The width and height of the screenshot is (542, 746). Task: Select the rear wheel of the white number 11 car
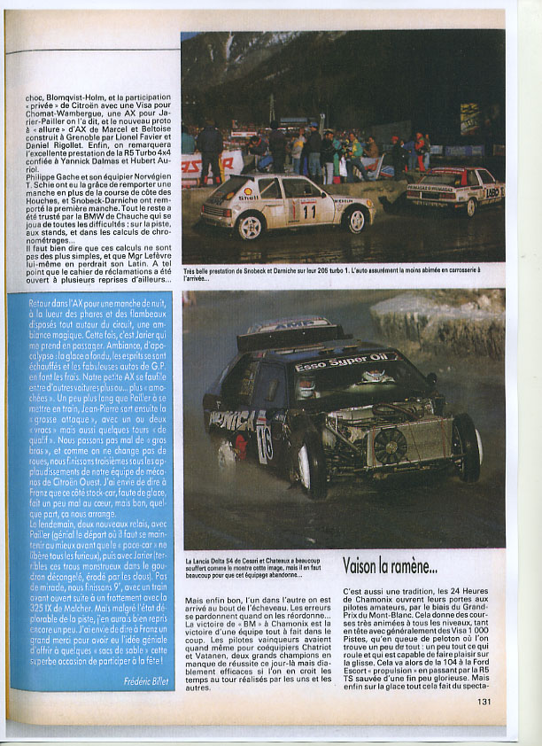[x=250, y=226]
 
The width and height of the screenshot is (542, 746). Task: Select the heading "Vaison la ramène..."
[x=389, y=564]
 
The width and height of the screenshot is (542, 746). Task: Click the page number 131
[x=484, y=701]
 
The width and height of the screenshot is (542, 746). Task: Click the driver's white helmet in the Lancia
[x=306, y=387]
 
